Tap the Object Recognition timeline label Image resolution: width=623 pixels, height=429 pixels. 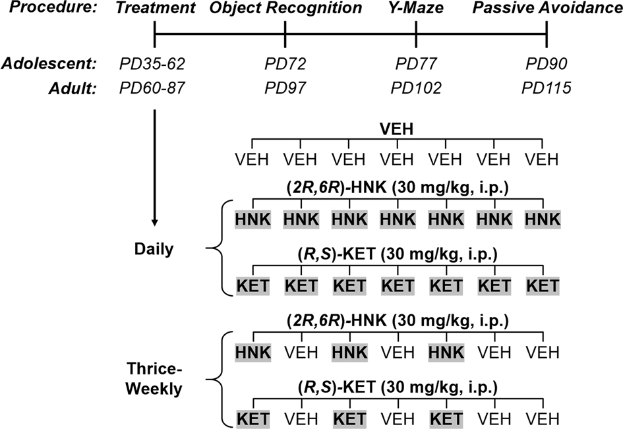point(285,9)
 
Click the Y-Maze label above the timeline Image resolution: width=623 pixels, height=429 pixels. point(416,9)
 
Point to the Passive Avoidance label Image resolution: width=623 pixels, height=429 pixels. point(547,9)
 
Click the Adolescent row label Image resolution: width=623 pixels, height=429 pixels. point(49,65)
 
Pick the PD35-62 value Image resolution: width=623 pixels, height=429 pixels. point(153,65)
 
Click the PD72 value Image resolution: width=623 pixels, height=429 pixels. point(285,65)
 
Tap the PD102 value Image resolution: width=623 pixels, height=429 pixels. point(416,88)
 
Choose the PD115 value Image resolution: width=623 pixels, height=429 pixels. point(547,88)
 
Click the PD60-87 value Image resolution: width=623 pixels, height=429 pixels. point(153,88)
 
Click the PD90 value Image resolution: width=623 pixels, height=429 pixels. point(547,65)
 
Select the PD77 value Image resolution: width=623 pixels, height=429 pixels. point(416,65)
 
